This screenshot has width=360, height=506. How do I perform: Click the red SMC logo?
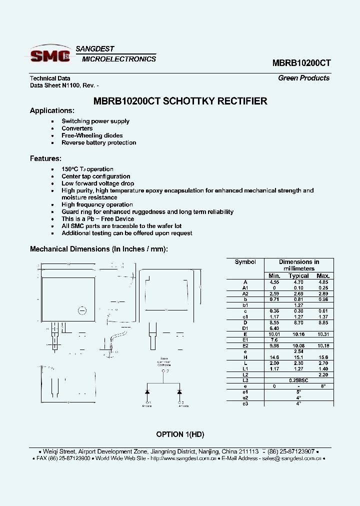tap(50, 55)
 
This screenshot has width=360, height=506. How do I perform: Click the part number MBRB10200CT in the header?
tap(301, 63)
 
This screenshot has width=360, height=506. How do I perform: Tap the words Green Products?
tap(303, 78)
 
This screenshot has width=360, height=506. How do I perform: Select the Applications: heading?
tap(52, 110)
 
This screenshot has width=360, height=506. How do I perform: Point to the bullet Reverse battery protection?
tap(98, 142)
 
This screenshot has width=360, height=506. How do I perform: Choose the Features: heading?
tap(45, 158)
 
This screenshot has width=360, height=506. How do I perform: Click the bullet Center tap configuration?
tap(95, 176)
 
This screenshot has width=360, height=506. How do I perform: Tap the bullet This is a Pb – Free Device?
tap(97, 219)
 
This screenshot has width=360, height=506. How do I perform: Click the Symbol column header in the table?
tap(245, 262)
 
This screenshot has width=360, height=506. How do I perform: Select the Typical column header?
tap(298, 276)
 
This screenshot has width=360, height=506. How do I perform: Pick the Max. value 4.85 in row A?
tap(323, 282)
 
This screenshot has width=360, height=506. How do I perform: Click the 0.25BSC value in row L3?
tap(298, 380)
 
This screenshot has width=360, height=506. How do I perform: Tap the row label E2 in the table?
tap(245, 345)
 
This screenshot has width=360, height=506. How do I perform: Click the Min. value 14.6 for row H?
tap(274, 357)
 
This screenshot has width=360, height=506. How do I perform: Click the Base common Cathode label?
tap(164, 361)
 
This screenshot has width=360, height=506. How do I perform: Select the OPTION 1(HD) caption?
tap(180, 434)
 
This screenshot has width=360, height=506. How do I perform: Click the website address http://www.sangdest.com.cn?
tap(183, 458)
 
